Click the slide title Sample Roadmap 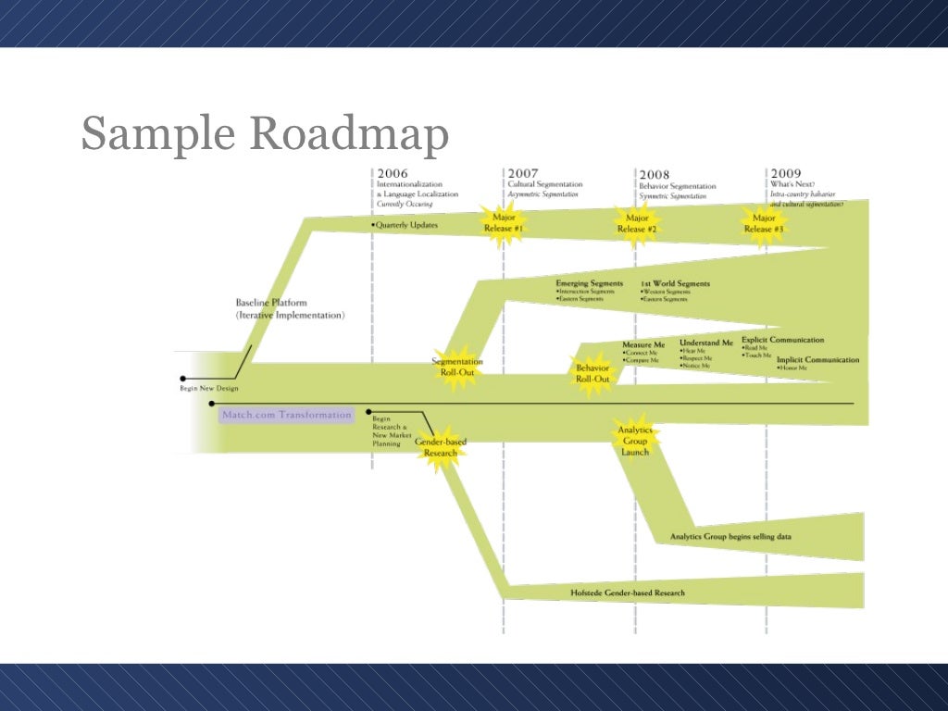pyautogui.click(x=265, y=133)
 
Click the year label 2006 pyautogui.click(x=392, y=173)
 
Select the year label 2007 pyautogui.click(x=522, y=173)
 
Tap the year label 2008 pyautogui.click(x=655, y=174)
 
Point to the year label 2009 pyautogui.click(x=785, y=173)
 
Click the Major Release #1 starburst pyautogui.click(x=504, y=223)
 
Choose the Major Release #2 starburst pyautogui.click(x=637, y=224)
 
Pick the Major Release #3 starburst pyautogui.click(x=764, y=224)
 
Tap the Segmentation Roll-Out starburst pyautogui.click(x=457, y=367)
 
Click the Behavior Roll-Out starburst pyautogui.click(x=592, y=373)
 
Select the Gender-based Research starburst pyautogui.click(x=441, y=447)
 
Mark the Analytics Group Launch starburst pyautogui.click(x=635, y=440)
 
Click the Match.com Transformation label pyautogui.click(x=287, y=415)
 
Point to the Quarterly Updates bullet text pyautogui.click(x=405, y=225)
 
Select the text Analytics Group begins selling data pyautogui.click(x=730, y=536)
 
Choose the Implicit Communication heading pyautogui.click(x=817, y=359)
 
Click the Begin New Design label pyautogui.click(x=209, y=388)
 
